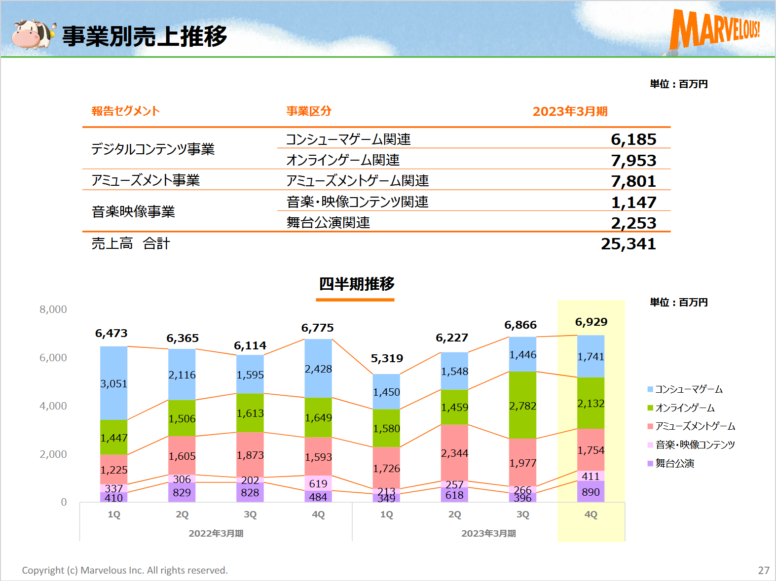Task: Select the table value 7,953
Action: [x=633, y=161]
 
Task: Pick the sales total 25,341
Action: [x=628, y=244]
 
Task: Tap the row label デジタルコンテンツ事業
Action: [x=153, y=149]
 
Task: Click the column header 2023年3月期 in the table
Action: [x=570, y=111]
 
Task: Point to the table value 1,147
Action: [x=633, y=203]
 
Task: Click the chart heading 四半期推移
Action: [x=356, y=284]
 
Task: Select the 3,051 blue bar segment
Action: [x=114, y=383]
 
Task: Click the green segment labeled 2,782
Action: [x=522, y=405]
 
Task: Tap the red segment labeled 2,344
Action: [x=454, y=452]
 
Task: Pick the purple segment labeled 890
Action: [x=591, y=492]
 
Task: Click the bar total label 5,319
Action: [x=387, y=358]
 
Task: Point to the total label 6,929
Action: [x=591, y=322]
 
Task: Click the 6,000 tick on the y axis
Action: [x=53, y=358]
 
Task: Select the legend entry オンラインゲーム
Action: [x=684, y=408]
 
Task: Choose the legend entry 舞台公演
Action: [x=674, y=464]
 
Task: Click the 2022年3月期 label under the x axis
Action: [x=216, y=533]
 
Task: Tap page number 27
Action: [x=764, y=570]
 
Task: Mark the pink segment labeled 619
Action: [x=318, y=483]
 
